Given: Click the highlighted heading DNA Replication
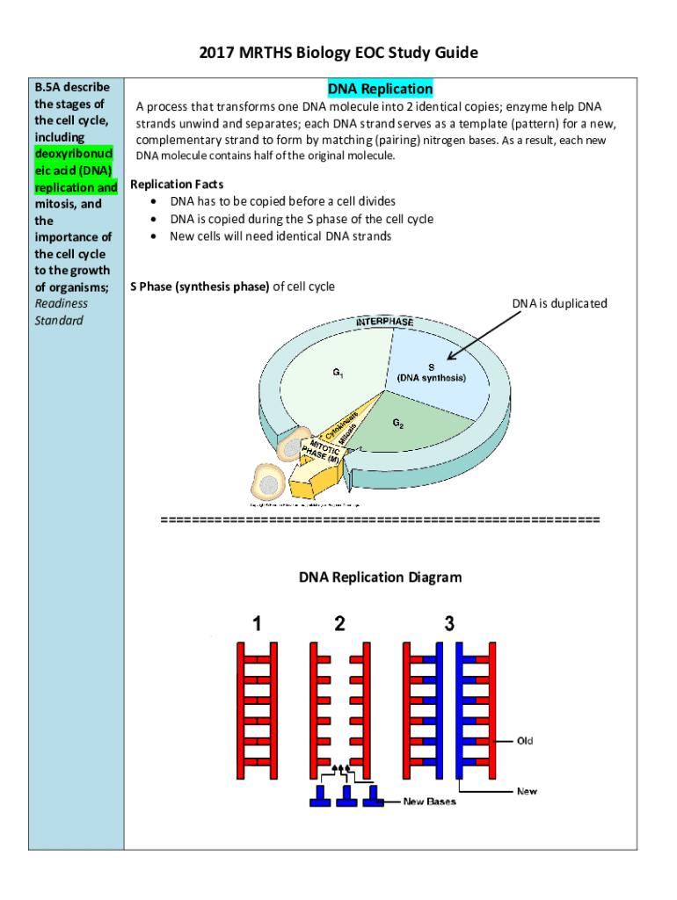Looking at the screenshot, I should pyautogui.click(x=380, y=89).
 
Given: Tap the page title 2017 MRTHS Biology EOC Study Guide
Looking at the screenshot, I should pyautogui.click(x=338, y=53).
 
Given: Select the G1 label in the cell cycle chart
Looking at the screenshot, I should pyautogui.click(x=338, y=373).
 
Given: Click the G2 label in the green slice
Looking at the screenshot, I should pyautogui.click(x=398, y=424).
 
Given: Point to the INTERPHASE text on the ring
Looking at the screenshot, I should pyautogui.click(x=384, y=323).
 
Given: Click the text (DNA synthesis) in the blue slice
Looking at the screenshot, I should pyautogui.click(x=431, y=378).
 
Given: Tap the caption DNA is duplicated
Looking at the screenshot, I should pyautogui.click(x=559, y=303).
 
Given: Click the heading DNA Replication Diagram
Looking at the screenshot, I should pyautogui.click(x=380, y=577).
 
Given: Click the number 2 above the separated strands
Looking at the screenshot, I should pyautogui.click(x=339, y=624).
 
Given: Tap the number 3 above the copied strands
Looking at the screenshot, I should pyautogui.click(x=449, y=624).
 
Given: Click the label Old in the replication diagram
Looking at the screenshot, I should pyautogui.click(x=525, y=741).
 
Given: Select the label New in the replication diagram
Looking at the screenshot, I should pyautogui.click(x=527, y=791).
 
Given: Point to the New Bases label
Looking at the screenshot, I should pyautogui.click(x=429, y=802).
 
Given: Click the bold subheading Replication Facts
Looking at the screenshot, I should pyautogui.click(x=177, y=184).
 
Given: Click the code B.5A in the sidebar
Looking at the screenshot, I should pyautogui.click(x=47, y=87).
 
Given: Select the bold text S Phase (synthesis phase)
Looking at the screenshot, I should pyautogui.click(x=200, y=287).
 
